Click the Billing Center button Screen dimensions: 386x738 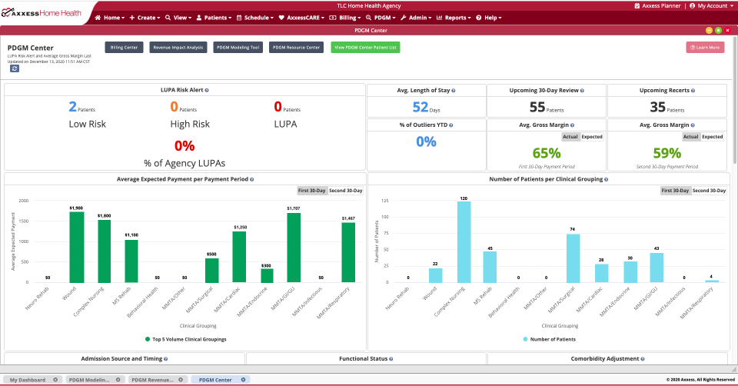coord(124,48)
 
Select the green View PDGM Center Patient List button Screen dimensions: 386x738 coord(365,48)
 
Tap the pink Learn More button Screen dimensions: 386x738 coord(705,48)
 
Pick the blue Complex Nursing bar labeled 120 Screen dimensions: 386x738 coord(464,241)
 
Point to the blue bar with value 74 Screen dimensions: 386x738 coord(573,258)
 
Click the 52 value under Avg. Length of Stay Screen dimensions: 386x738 coord(421,108)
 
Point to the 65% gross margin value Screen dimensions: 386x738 coord(546,153)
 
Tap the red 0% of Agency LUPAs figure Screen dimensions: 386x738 coord(184,145)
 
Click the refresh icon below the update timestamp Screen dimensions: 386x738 coord(15,68)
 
